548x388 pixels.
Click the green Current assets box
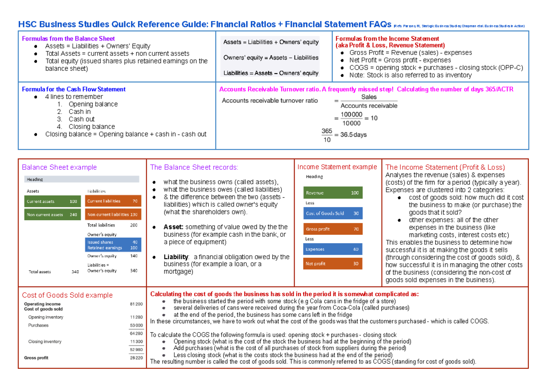pos(52,201)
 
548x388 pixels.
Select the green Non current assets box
pos(52,214)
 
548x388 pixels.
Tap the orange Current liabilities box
pos(113,201)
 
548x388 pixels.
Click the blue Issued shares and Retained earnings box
pos(113,245)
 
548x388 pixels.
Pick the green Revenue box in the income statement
pos(332,193)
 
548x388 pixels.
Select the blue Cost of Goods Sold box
pos(332,213)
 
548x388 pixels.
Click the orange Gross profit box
pos(332,229)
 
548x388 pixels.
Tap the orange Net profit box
pos(332,264)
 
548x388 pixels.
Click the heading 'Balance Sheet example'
pos(59,167)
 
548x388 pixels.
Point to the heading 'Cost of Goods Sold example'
pos(67,295)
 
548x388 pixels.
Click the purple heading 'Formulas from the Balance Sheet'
pos(68,39)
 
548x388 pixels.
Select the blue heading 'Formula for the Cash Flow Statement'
pos(74,89)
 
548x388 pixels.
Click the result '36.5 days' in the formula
pos(350,135)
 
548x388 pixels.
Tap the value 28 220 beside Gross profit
pos(136,358)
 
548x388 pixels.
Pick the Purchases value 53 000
pos(136,325)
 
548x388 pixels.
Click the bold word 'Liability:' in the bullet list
pos(176,257)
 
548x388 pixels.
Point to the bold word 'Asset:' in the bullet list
pos(174,227)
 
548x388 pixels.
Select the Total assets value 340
pos(75,272)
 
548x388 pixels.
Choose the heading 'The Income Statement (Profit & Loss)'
pos(445,167)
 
